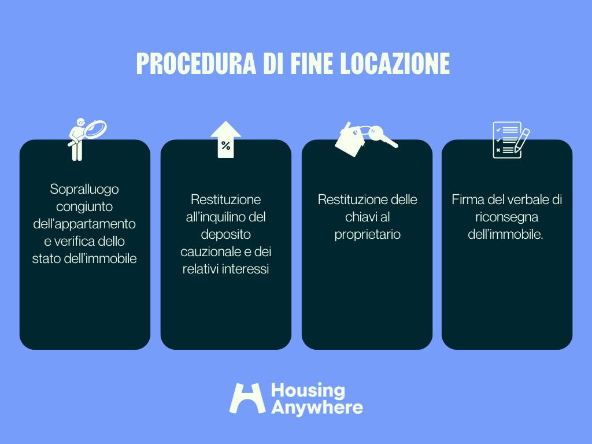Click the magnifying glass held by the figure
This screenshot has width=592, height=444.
pos(95,129)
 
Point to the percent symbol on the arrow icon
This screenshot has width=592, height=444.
pos(225,146)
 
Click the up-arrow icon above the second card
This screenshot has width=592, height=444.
pos(225,139)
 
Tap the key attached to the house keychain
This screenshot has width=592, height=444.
pos(382,136)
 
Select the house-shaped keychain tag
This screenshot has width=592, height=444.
pos(349,140)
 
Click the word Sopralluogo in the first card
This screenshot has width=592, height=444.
pos(84,188)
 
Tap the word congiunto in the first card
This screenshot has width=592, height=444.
pos(84,206)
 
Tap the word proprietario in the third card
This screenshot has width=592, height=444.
pos(367,235)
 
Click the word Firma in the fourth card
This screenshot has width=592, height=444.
pos(467,200)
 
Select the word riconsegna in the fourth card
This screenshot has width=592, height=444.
pos(507,217)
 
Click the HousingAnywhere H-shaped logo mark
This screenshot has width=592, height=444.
pos(247,398)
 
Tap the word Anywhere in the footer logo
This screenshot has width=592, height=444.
pos(317,407)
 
